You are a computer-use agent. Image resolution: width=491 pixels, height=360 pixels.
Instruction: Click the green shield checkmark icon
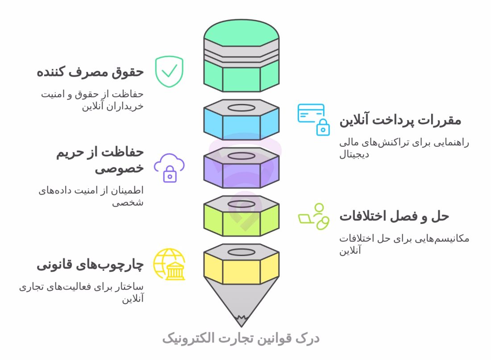[169, 71]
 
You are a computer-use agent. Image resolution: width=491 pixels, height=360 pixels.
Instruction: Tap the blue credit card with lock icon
[314, 119]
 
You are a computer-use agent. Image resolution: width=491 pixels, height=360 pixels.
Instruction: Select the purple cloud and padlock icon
[169, 168]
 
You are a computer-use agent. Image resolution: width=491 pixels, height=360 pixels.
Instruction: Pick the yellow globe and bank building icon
[169, 264]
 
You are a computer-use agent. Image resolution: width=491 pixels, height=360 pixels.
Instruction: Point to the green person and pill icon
[314, 216]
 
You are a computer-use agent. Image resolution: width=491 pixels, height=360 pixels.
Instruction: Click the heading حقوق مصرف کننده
[90, 72]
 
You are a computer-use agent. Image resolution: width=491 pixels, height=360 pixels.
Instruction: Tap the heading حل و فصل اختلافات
[394, 217]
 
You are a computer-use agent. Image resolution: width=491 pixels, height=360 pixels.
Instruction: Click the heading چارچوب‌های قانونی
[90, 265]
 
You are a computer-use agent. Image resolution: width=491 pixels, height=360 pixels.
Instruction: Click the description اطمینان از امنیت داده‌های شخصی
[91, 196]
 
